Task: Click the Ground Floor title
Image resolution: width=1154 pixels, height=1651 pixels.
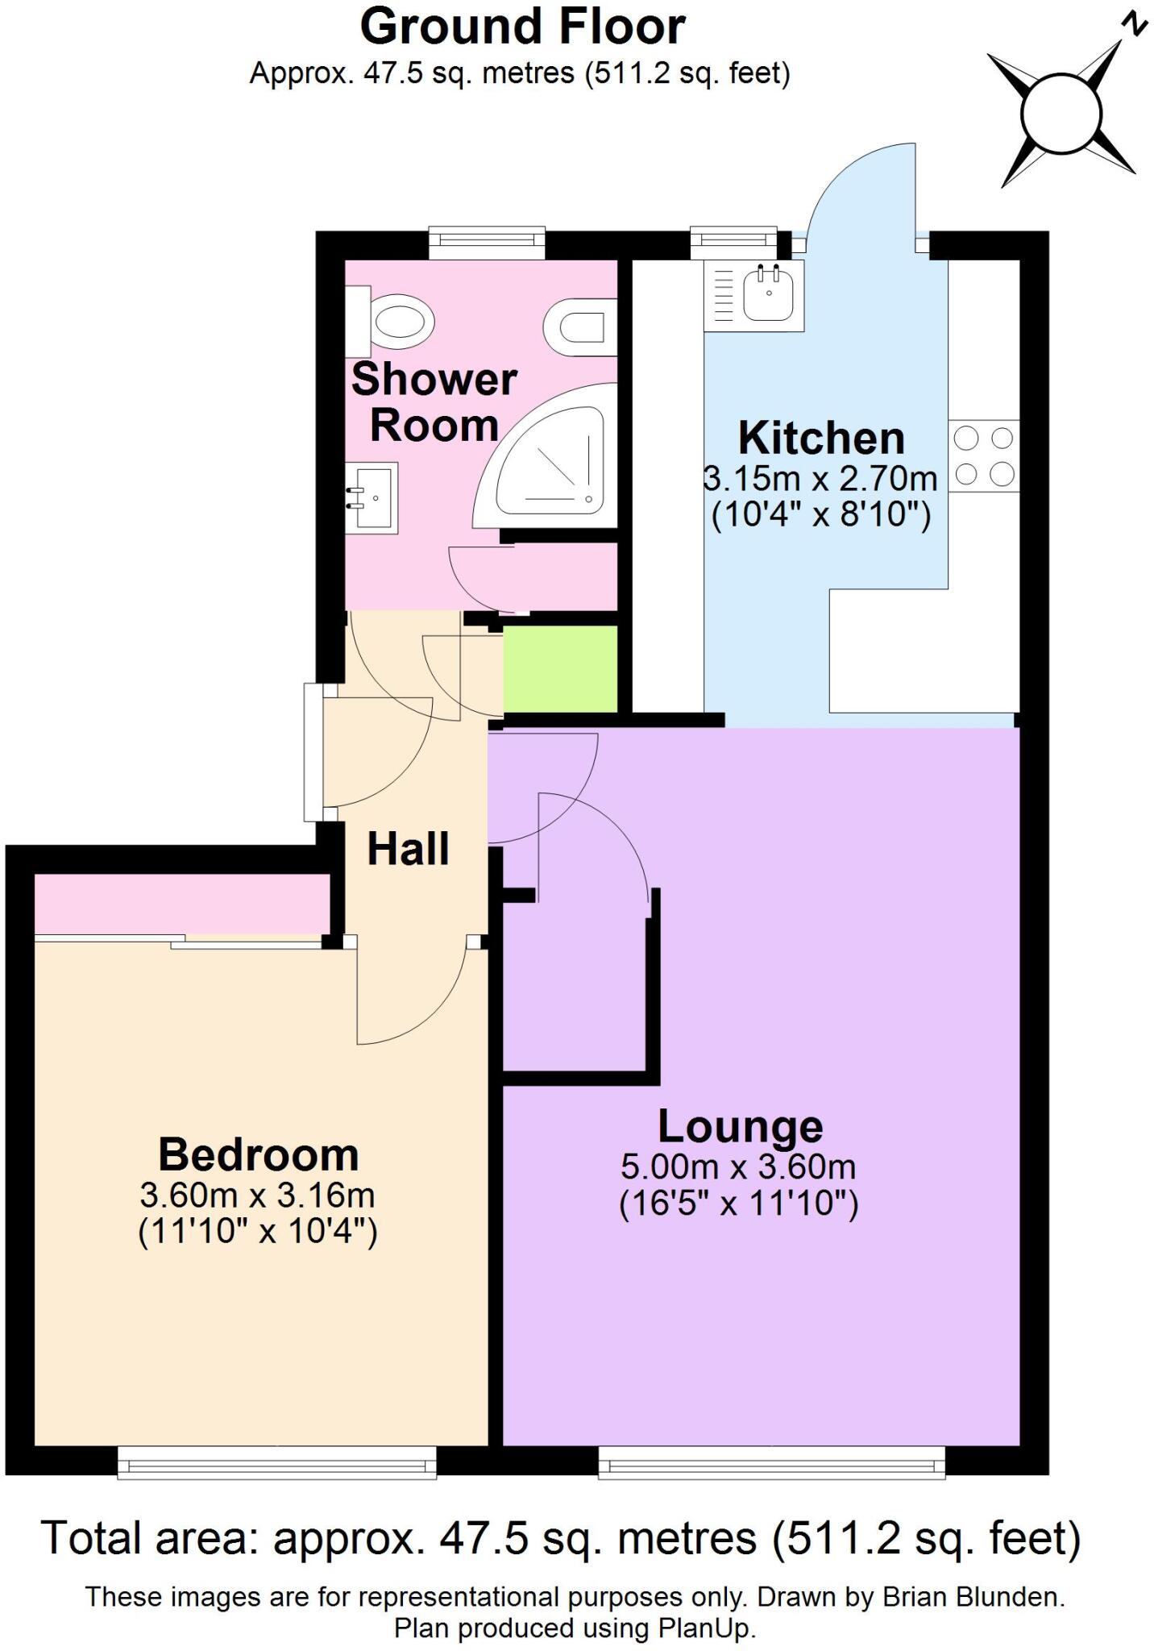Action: tap(522, 27)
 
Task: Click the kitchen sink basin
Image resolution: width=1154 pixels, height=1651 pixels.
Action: tap(768, 293)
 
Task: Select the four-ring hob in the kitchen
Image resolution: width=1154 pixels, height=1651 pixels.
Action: tap(984, 456)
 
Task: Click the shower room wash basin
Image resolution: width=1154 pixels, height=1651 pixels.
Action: tap(373, 497)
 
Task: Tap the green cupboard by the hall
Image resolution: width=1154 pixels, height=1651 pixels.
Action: tap(560, 669)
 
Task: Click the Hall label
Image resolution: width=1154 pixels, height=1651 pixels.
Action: tap(408, 849)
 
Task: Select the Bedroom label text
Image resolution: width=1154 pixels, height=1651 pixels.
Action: tap(258, 1154)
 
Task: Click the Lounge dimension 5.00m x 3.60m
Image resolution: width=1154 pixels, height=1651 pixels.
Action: tap(738, 1167)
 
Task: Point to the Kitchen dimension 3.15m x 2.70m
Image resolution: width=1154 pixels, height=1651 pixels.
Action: tap(820, 479)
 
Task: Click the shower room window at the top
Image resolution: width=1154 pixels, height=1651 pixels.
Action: tap(487, 243)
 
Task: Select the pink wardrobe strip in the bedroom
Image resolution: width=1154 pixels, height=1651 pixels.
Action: tap(182, 905)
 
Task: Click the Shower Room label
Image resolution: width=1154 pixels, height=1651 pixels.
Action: tap(434, 401)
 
